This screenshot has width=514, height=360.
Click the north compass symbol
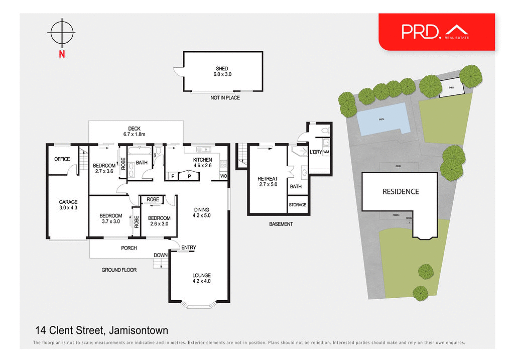[62, 33]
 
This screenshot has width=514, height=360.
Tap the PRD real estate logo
[436, 31]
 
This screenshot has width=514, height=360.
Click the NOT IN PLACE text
[225, 98]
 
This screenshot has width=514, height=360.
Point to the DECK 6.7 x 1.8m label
[134, 132]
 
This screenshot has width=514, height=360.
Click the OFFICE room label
[62, 159]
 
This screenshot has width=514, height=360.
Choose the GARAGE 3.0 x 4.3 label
[68, 205]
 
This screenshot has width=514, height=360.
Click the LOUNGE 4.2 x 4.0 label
[202, 278]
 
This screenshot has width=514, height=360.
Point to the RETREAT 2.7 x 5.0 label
[268, 182]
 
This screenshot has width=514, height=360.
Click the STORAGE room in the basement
[297, 205]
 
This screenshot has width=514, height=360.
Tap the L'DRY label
[316, 152]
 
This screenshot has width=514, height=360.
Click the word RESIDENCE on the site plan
[401, 191]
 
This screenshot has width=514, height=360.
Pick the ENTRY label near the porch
[189, 248]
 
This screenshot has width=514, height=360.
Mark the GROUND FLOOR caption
[119, 270]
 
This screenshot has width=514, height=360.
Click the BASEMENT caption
[281, 224]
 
